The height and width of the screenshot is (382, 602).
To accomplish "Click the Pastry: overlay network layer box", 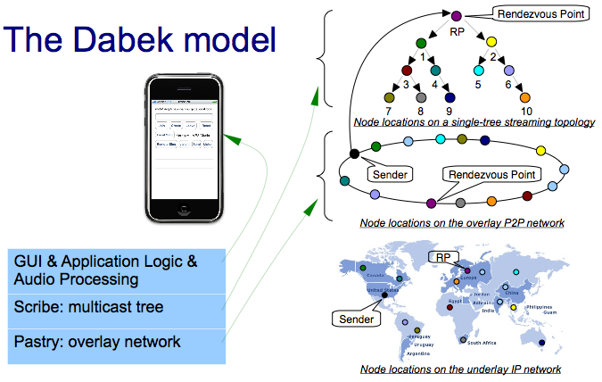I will pyautogui.click(x=116, y=342).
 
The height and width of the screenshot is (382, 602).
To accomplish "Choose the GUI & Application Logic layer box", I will pyautogui.click(x=116, y=270).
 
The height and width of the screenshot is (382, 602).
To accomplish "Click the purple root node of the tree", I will pyautogui.click(x=456, y=16).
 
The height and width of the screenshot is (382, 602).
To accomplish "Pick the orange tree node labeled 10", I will pyautogui.click(x=525, y=97).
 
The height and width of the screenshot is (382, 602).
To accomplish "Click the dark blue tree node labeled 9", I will pyautogui.click(x=449, y=97).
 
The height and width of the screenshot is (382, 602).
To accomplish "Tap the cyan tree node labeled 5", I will pyautogui.click(x=478, y=70).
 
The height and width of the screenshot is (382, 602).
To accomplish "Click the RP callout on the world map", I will pyautogui.click(x=444, y=257).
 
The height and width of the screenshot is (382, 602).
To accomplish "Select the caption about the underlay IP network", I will pyautogui.click(x=460, y=369).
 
